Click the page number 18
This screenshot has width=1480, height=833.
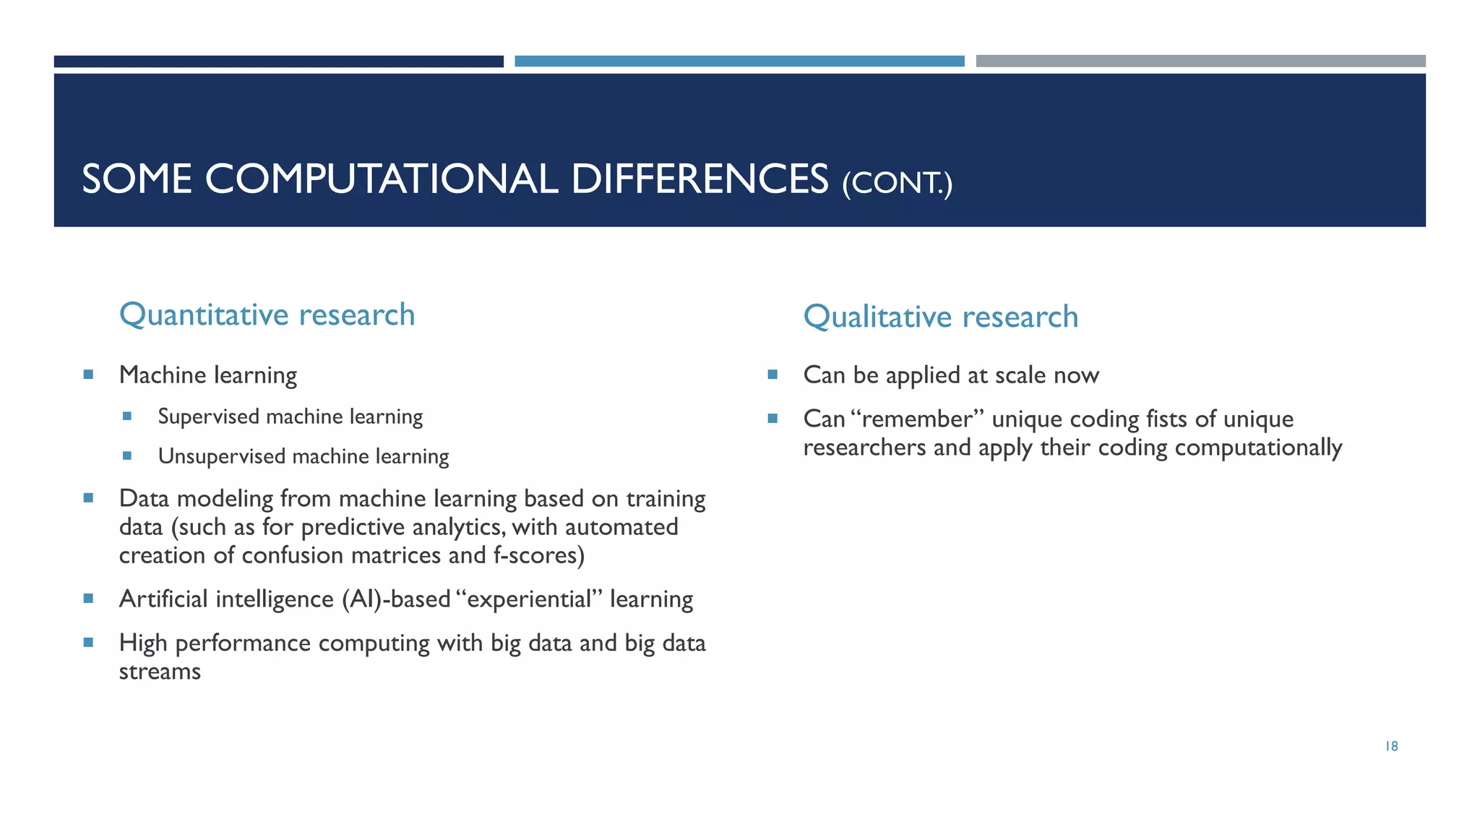(1391, 746)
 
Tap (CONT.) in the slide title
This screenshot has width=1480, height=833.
(897, 183)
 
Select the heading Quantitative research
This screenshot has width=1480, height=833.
(267, 315)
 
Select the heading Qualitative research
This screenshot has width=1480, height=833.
(940, 317)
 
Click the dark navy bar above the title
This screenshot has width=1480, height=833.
(278, 61)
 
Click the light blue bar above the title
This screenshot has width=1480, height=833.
(739, 61)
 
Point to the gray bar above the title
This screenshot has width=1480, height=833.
(1200, 61)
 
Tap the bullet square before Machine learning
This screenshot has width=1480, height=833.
(88, 375)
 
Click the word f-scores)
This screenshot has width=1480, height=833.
(538, 555)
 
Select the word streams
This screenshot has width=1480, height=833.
(160, 672)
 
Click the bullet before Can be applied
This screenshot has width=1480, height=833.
(773, 375)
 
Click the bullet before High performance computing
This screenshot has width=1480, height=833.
(88, 642)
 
